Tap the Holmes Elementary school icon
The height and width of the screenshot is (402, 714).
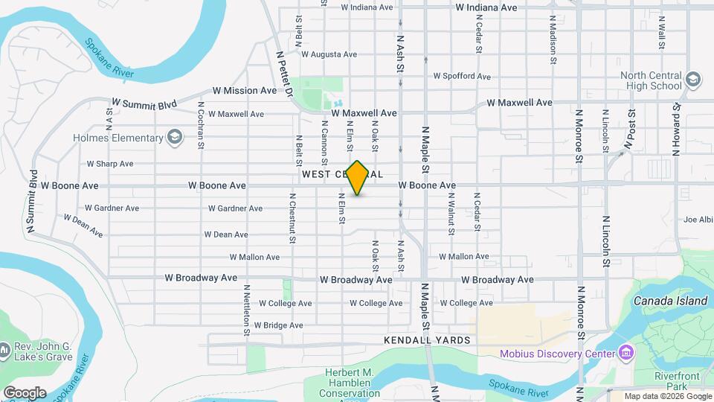click(x=175, y=138)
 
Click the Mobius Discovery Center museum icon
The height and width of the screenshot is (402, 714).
click(x=625, y=353)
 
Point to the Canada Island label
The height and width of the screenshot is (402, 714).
click(x=670, y=301)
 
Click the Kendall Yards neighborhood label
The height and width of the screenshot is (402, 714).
click(x=427, y=340)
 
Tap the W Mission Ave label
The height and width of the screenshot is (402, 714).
click(x=244, y=91)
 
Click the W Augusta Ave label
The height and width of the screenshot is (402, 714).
click(x=329, y=54)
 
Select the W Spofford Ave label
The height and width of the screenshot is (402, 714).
click(x=462, y=77)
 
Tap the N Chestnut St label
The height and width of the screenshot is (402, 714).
click(x=292, y=217)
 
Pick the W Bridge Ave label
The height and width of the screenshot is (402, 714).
click(x=278, y=325)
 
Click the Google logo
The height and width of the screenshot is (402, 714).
click(x=24, y=392)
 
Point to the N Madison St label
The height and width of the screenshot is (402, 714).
click(x=553, y=33)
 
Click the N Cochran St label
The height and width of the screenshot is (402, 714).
click(x=201, y=130)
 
